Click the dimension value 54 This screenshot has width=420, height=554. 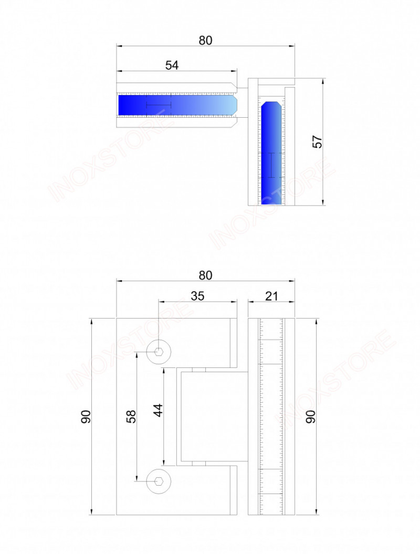point(172,65)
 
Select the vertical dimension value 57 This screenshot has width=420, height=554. point(317,142)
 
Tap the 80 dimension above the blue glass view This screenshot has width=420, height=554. point(205,40)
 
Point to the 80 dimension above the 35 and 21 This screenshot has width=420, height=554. point(205,275)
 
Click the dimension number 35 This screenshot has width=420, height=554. point(197,296)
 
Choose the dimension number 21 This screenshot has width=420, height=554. point(271,296)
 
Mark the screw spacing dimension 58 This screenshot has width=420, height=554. point(131,416)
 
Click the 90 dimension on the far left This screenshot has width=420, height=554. point(87,416)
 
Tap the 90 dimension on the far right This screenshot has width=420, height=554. point(310,416)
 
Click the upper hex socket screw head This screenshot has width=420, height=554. point(159,352)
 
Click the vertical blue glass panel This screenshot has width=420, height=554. point(272,152)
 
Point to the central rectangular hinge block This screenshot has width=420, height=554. point(213,417)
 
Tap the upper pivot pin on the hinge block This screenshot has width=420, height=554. point(199,370)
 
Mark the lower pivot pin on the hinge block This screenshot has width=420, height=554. point(199,464)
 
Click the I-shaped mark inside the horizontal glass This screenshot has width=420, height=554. point(159,105)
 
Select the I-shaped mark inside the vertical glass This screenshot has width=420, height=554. point(271,165)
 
